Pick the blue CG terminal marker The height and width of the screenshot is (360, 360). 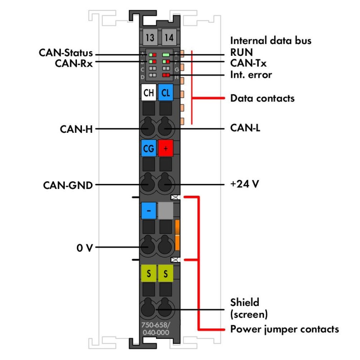(x=148, y=148)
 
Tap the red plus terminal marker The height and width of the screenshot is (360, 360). (x=166, y=148)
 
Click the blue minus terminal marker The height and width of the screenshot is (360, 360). (x=148, y=210)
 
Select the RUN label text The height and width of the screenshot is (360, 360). (x=242, y=53)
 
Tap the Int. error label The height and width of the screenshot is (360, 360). (x=251, y=74)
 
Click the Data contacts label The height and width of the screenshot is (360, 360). (x=262, y=98)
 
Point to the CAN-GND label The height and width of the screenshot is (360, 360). (x=68, y=184)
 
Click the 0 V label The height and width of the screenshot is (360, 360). (x=84, y=247)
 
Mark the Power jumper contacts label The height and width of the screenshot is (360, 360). (x=284, y=329)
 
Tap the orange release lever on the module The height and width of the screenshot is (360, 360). (x=177, y=234)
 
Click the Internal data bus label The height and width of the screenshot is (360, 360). (x=271, y=40)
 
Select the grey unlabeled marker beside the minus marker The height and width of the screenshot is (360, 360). (x=166, y=210)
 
